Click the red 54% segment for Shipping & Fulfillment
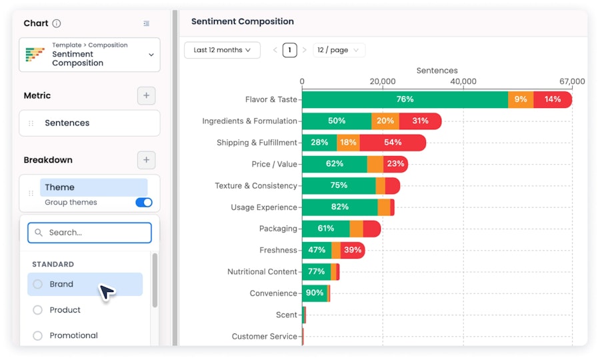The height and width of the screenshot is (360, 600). (x=393, y=143)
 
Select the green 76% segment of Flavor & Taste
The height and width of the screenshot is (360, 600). (x=405, y=99)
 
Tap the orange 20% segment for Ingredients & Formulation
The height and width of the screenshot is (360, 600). (x=385, y=121)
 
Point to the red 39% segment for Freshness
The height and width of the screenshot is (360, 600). (x=353, y=250)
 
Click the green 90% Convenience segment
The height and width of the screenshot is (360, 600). (x=315, y=293)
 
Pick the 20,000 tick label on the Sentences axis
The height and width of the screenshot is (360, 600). (x=383, y=81)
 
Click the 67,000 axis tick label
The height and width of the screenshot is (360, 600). (x=572, y=81)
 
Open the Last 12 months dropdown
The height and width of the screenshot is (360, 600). (x=222, y=50)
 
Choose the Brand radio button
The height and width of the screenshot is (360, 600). (x=37, y=284)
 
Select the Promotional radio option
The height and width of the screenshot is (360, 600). (x=37, y=335)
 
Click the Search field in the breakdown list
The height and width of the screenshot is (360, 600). (x=89, y=233)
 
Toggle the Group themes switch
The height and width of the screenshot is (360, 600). (x=144, y=203)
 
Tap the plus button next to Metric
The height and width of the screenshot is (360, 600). (x=146, y=95)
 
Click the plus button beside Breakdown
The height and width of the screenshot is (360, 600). (x=146, y=160)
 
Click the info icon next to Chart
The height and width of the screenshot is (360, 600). (x=56, y=23)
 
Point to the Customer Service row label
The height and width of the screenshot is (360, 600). (x=265, y=336)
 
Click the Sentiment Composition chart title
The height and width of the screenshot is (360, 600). (x=243, y=21)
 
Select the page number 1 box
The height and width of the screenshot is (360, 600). (x=290, y=50)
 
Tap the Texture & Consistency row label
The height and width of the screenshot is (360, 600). (x=256, y=185)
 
